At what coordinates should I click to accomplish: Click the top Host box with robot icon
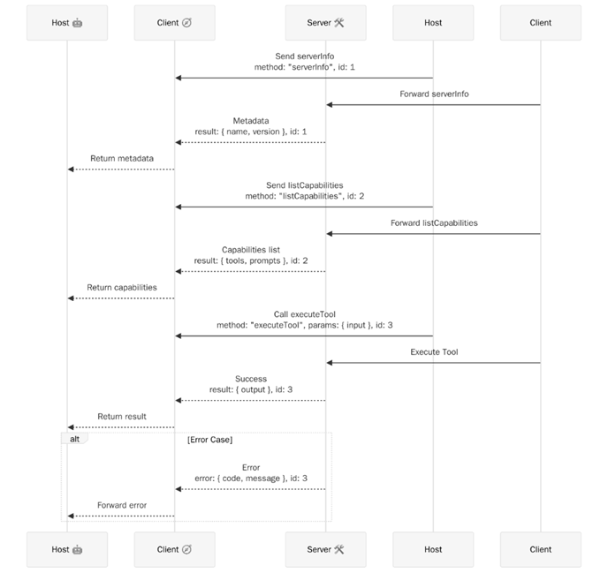[67, 23]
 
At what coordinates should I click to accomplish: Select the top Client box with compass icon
[174, 23]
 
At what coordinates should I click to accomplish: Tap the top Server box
[325, 23]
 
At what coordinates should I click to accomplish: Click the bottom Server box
[325, 549]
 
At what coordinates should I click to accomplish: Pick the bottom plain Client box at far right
[540, 549]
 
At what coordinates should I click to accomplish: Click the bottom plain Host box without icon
[433, 549]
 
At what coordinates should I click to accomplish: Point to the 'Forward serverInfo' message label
[433, 94]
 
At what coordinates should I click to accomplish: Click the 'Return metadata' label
[121, 158]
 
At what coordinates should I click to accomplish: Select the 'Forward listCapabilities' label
[434, 222]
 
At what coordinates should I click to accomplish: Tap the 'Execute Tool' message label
[434, 351]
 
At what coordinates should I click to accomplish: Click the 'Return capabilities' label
[121, 287]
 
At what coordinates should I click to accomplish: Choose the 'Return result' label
[121, 416]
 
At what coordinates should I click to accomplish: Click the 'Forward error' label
[121, 505]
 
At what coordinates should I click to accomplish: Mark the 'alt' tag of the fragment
[74, 438]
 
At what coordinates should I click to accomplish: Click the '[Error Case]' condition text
[209, 439]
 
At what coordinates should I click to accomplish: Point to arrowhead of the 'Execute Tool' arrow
[330, 362]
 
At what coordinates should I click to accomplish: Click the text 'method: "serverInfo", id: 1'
[304, 67]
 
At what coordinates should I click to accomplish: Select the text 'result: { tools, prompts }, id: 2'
[250, 260]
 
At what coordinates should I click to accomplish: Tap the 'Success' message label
[250, 379]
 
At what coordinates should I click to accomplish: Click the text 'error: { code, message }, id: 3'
[250, 478]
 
